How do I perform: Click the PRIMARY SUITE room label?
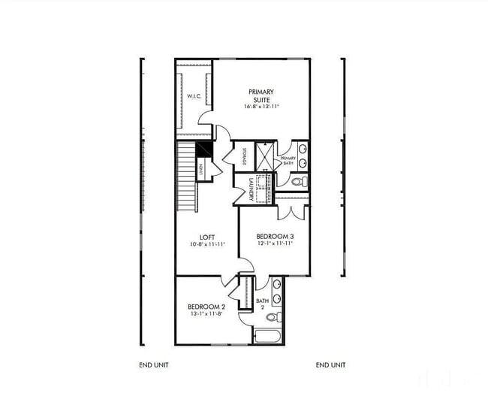261,95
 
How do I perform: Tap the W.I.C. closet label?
192,96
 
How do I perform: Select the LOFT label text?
207,237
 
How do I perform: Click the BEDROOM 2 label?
206,307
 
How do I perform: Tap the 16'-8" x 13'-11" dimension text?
261,107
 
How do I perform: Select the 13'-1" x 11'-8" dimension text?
206,314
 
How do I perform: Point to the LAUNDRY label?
242,189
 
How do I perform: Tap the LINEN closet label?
201,170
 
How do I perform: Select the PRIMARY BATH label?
288,162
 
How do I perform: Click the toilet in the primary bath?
298,181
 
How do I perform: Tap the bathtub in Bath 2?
267,335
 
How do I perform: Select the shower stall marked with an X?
265,156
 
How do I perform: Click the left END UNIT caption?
154,365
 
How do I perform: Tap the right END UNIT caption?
330,365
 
